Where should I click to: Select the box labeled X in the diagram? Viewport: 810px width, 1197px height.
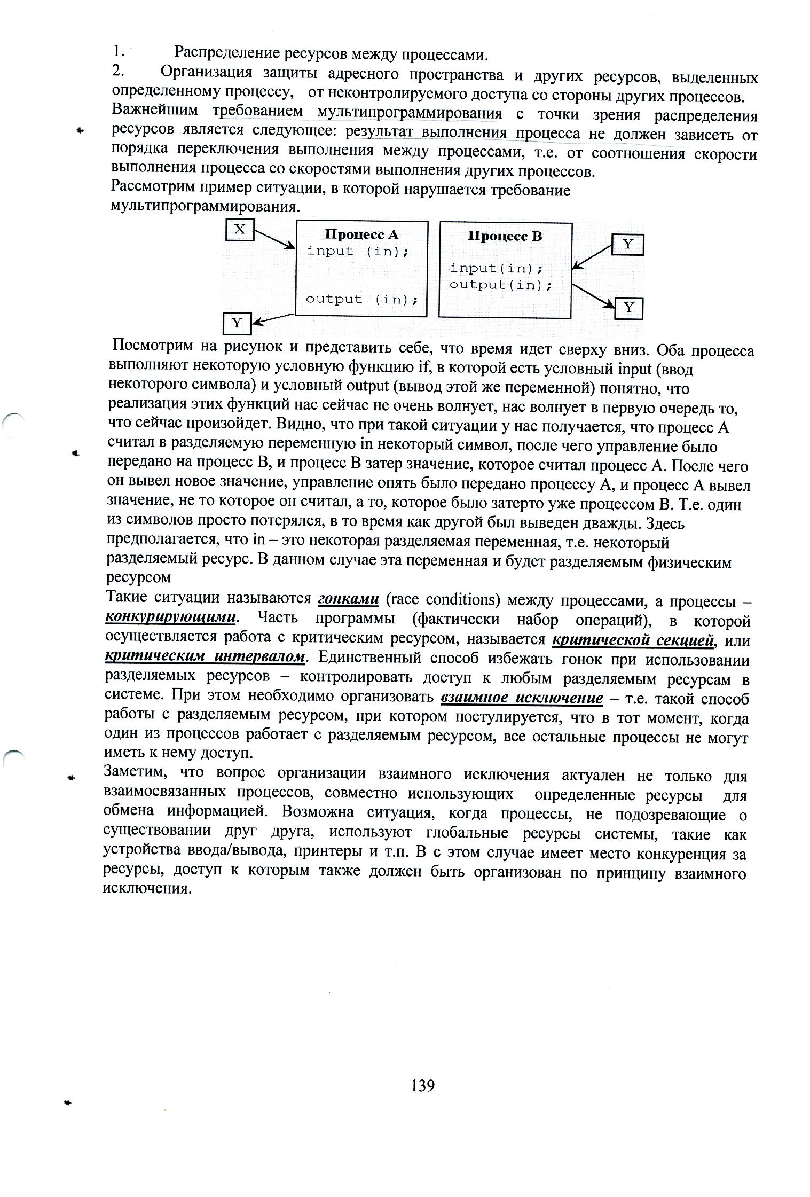[x=240, y=230]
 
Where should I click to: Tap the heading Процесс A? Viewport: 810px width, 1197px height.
[x=361, y=234]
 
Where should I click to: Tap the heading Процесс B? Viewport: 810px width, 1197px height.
[x=505, y=236]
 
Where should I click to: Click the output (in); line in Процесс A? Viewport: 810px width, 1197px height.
[x=361, y=299]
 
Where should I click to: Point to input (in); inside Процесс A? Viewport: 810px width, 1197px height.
[x=357, y=251]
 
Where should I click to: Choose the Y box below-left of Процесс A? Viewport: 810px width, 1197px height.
[x=237, y=323]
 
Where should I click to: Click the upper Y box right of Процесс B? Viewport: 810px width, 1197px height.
[x=627, y=245]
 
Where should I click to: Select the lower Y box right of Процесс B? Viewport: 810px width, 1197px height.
[x=628, y=308]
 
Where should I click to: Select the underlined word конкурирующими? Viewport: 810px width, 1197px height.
[x=171, y=618]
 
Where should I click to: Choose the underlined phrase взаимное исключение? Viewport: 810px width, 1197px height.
[x=522, y=698]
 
